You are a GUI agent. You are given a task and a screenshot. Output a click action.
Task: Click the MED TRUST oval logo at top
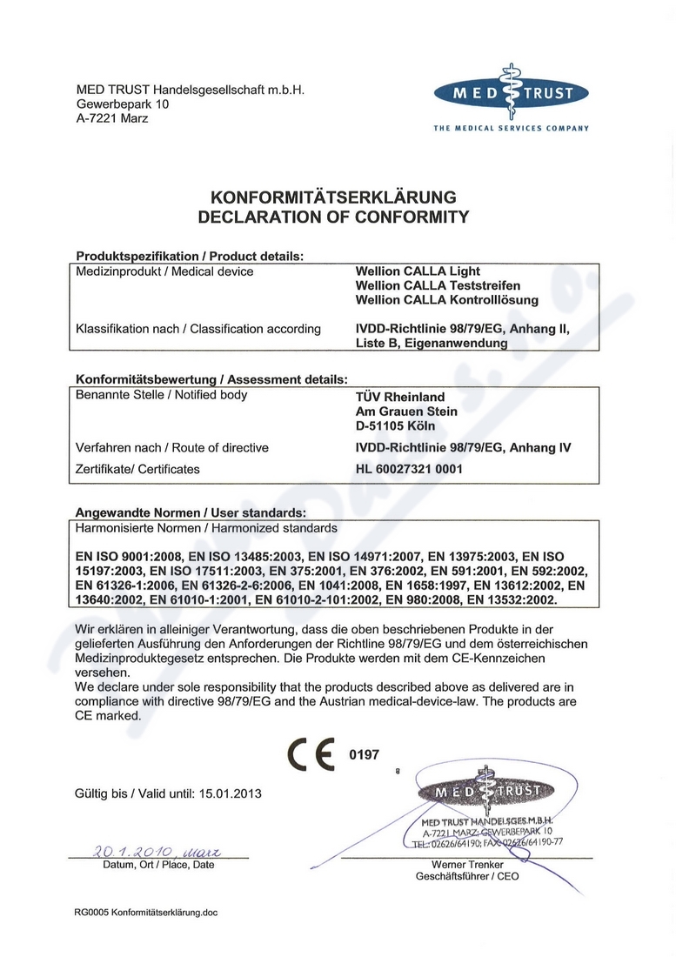coord(511,93)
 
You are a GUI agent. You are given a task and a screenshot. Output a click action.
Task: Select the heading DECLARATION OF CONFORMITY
coord(333,217)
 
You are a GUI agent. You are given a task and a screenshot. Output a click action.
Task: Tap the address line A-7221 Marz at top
coord(112,118)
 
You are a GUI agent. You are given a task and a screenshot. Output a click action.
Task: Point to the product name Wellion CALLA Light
coord(418,271)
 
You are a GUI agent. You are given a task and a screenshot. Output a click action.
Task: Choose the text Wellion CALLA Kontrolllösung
coord(447,300)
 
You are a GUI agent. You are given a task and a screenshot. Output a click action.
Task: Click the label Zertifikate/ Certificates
coord(137,469)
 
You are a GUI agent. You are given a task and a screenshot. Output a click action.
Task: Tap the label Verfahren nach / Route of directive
coord(172,448)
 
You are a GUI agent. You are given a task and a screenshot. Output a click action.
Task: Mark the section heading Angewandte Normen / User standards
coord(191,512)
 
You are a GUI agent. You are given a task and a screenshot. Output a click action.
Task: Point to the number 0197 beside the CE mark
coord(365,754)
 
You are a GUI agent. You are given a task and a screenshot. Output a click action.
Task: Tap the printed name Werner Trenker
coord(466,864)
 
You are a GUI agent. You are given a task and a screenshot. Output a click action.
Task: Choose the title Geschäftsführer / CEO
coord(466,876)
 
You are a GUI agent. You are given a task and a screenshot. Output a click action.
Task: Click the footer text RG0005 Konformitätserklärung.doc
coord(146,912)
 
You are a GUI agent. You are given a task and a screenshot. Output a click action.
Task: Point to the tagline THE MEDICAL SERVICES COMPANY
coord(511,128)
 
